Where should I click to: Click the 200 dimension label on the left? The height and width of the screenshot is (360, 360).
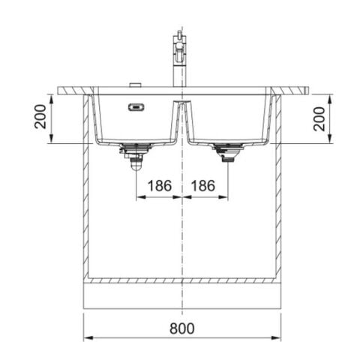pyautogui.click(x=40, y=118)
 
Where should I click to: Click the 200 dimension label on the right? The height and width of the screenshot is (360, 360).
pyautogui.click(x=320, y=118)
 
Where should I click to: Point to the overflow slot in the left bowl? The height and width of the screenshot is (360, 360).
pyautogui.click(x=136, y=106)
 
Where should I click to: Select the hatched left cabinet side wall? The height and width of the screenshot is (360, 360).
pyautogui.click(x=85, y=187)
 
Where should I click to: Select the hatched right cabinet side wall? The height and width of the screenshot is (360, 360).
pyautogui.click(x=278, y=187)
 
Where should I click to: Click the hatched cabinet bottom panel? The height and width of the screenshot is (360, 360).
pyautogui.click(x=181, y=280)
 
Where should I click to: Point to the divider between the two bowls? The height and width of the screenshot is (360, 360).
pyautogui.click(x=181, y=120)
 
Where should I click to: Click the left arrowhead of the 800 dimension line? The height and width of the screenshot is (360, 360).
pyautogui.click(x=85, y=337)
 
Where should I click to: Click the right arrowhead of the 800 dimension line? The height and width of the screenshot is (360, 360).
pyautogui.click(x=277, y=337)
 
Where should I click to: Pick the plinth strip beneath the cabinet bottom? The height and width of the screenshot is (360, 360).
pyautogui.click(x=181, y=295)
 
